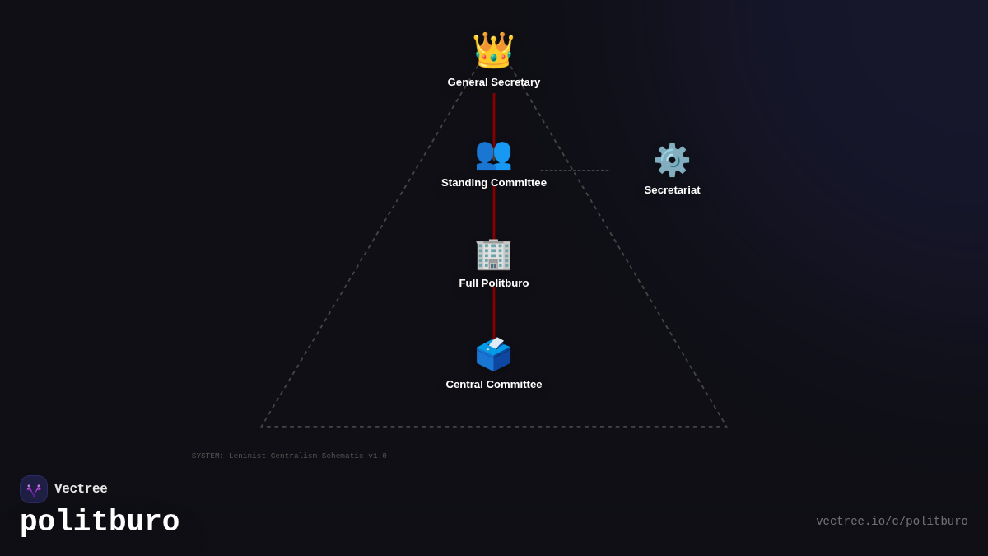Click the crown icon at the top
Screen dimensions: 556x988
tap(493, 50)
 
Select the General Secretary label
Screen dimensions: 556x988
tap(494, 82)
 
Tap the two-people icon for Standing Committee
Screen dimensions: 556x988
tap(493, 153)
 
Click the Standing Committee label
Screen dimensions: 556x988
tap(494, 183)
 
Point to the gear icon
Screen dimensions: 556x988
tap(672, 160)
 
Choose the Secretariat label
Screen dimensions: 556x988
tap(672, 190)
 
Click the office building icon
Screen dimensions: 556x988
tap(493, 254)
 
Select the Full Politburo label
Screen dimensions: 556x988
tap(494, 283)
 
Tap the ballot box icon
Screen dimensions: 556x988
tap(493, 354)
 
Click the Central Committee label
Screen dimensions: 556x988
tap(494, 385)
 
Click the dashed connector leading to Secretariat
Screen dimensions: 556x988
tap(575, 171)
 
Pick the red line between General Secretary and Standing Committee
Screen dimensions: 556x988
tap(494, 114)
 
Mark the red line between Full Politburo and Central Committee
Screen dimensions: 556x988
tap(494, 313)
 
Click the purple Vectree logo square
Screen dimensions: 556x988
tap(34, 489)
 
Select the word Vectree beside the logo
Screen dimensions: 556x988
tap(81, 489)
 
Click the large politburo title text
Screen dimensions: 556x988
tap(100, 522)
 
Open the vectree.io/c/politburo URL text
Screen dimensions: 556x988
tap(892, 521)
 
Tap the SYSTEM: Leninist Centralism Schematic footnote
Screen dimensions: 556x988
tap(289, 456)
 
